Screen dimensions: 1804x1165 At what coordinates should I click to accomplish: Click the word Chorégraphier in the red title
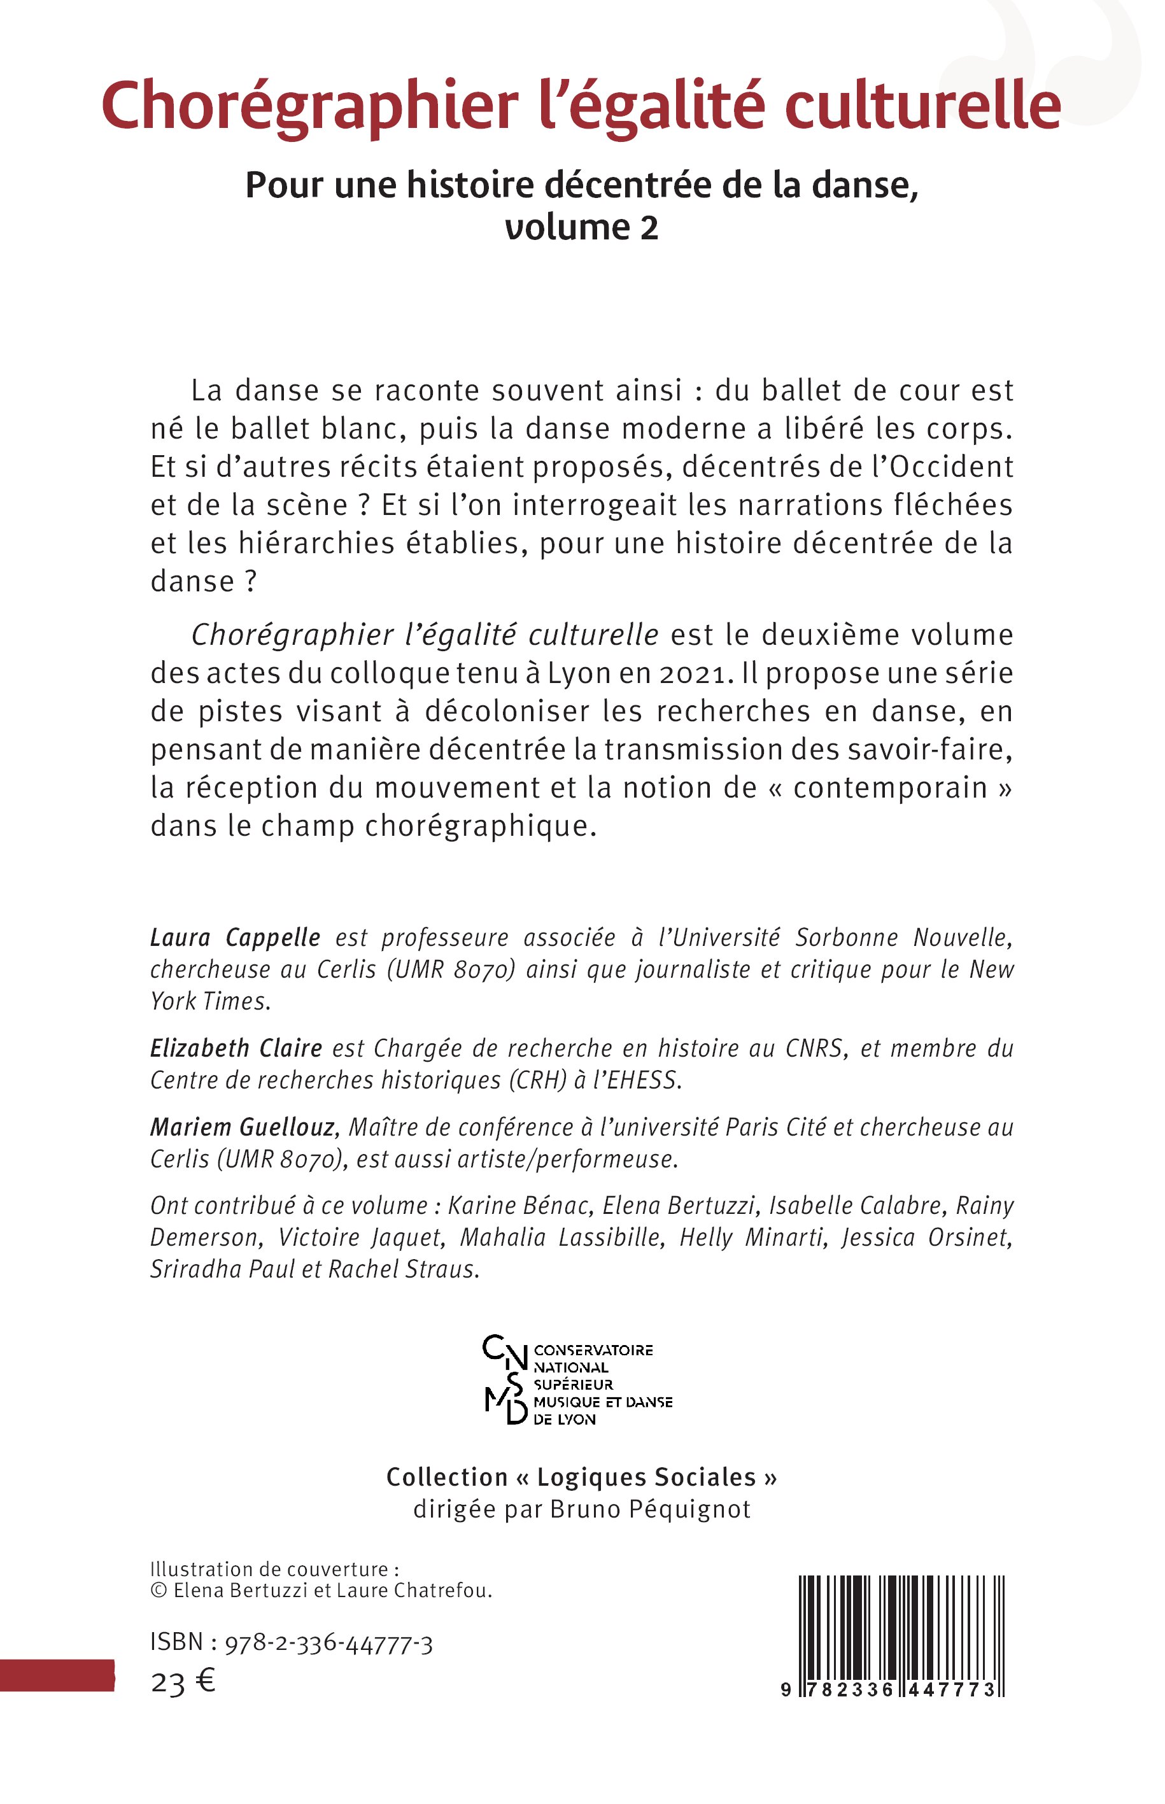309,106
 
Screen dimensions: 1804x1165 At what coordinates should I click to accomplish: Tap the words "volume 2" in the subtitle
582,228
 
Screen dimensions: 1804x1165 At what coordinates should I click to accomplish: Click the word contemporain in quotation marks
891,788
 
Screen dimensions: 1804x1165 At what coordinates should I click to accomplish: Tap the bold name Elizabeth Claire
236,1048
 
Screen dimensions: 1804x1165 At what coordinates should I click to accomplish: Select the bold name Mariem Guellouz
243,1127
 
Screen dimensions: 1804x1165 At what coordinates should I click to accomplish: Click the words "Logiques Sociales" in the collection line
646,1477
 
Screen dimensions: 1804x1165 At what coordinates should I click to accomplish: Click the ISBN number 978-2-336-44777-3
328,1643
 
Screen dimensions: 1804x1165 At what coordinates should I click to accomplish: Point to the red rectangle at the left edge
57,1675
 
